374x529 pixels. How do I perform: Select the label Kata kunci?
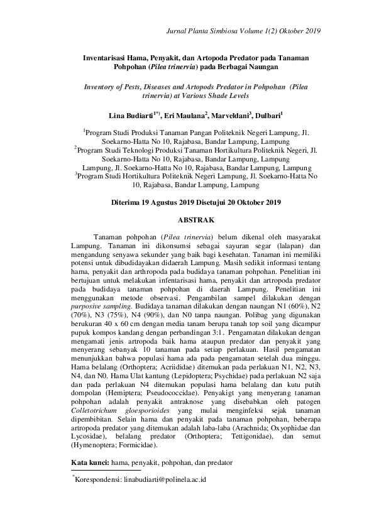pos(90,462)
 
